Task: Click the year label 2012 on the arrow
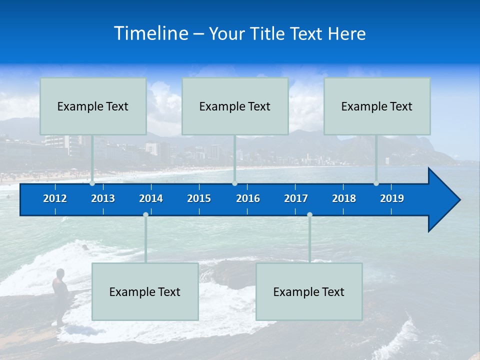point(55,198)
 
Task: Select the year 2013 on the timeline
point(103,198)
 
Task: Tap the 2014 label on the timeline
point(151,198)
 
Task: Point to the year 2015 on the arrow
point(199,198)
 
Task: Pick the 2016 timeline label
point(248,198)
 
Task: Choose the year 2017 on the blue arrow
point(296,198)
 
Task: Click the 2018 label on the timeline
point(344,198)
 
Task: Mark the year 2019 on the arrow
point(392,198)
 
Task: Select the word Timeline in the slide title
point(151,33)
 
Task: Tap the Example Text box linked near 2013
point(93,106)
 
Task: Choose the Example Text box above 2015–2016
point(235,106)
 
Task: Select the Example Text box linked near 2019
point(377,106)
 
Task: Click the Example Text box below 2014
point(145,291)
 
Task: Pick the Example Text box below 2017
point(309,291)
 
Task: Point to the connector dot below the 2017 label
point(309,215)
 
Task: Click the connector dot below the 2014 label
point(145,215)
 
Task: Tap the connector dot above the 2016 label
point(234,183)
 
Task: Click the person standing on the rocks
point(60,292)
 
